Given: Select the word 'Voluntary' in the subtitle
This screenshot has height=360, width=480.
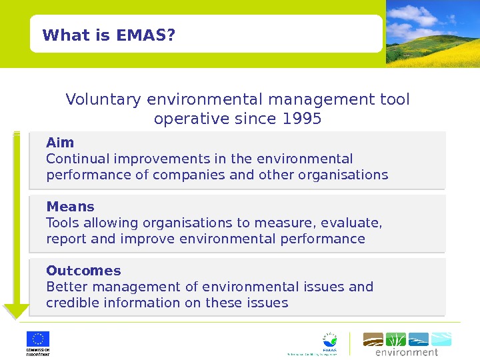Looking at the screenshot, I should (x=103, y=100).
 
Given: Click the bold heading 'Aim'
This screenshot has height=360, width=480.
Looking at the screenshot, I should (x=60, y=143).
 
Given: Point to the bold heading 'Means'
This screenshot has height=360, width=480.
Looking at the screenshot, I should (x=70, y=207).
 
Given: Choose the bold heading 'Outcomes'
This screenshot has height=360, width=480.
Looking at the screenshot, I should (x=83, y=271).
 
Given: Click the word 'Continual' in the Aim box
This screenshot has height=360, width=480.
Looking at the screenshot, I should (x=78, y=159).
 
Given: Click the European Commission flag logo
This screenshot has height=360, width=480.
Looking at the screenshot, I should (x=38, y=339).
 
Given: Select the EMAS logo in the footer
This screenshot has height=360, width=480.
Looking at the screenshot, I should (x=329, y=343).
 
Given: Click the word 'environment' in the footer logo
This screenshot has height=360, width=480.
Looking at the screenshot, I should (x=407, y=352).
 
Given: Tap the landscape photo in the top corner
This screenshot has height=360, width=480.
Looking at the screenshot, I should (x=433, y=33).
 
